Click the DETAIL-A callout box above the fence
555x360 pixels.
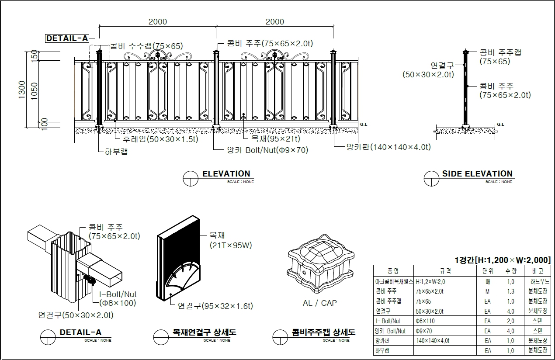pyautogui.click(x=67, y=38)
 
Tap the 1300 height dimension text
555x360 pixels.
pyautogui.click(x=22, y=90)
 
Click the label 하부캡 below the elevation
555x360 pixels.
pyautogui.click(x=116, y=152)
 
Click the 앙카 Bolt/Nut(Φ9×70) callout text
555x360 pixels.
pyautogui.click(x=267, y=150)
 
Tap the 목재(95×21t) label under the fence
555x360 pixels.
pyautogui.click(x=275, y=139)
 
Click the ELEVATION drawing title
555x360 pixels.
pyautogui.click(x=226, y=174)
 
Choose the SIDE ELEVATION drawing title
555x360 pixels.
pyautogui.click(x=477, y=174)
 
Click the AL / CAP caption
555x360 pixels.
pyautogui.click(x=320, y=303)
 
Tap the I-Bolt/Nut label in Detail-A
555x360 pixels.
pyautogui.click(x=118, y=295)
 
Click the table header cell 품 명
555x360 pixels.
pyautogui.click(x=393, y=271)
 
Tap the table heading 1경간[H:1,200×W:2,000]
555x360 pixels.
pyautogui.click(x=502, y=260)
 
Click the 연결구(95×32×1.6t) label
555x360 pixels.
pyautogui.click(x=215, y=306)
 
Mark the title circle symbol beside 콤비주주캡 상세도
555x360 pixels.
pyautogui.click(x=280, y=337)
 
